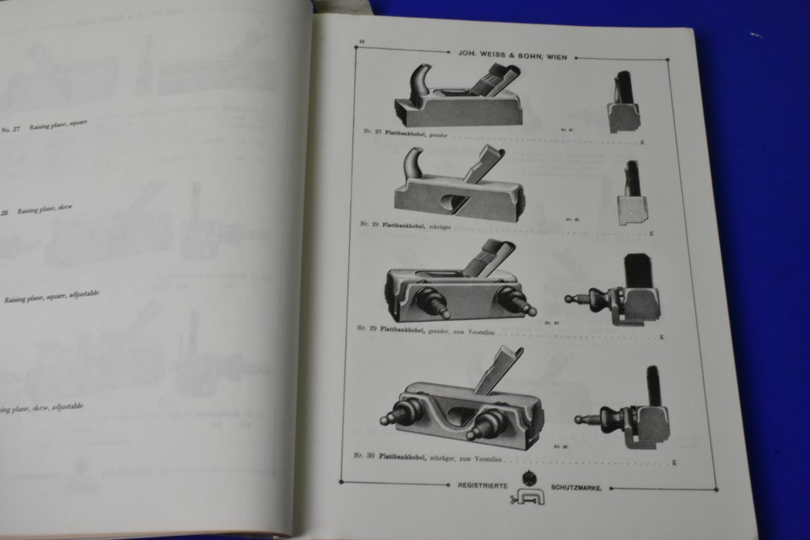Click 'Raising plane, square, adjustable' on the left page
(x=53, y=297)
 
